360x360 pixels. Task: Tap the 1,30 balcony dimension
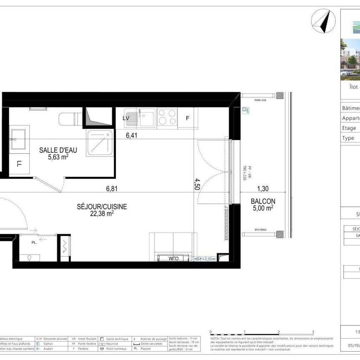coord(262,189)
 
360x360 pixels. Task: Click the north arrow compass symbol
coord(323,21)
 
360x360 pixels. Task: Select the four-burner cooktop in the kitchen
coord(167,117)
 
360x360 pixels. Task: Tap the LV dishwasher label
coord(126,118)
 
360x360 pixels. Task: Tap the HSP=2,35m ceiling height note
coord(205,259)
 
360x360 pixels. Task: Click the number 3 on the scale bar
coord(312,332)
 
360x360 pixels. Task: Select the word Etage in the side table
coord(349,128)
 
